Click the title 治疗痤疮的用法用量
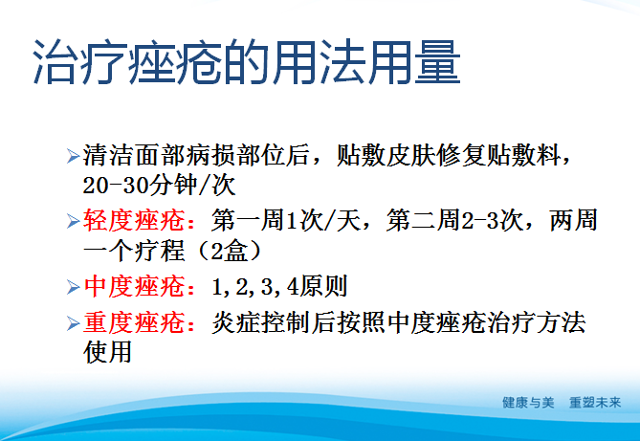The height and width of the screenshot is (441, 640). click(247, 64)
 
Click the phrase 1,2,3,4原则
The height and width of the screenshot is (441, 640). click(279, 287)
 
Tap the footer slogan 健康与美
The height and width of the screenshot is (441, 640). click(529, 403)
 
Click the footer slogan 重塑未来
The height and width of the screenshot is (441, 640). click(595, 403)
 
